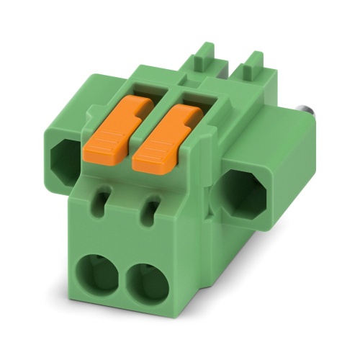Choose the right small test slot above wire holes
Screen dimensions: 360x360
[152, 210]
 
